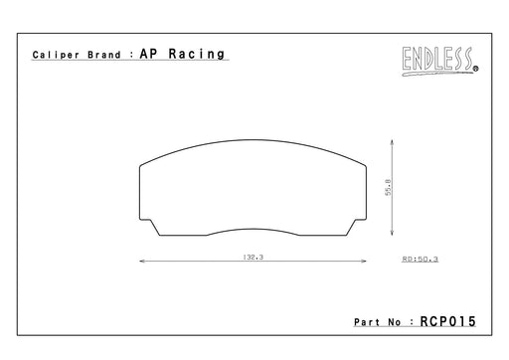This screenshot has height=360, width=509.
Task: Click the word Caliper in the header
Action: click(56, 55)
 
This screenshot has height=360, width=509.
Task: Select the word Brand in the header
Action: click(104, 55)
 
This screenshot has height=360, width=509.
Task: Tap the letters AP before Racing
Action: click(148, 54)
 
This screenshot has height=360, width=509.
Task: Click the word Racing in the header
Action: click(197, 54)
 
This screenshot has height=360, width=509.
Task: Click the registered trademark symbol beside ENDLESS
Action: click(476, 69)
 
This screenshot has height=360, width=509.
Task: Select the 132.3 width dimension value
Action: click(254, 257)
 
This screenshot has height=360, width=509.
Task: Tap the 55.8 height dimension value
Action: click(388, 187)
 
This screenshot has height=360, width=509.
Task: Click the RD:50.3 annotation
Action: click(421, 259)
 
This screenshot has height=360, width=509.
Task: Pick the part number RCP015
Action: click(447, 321)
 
